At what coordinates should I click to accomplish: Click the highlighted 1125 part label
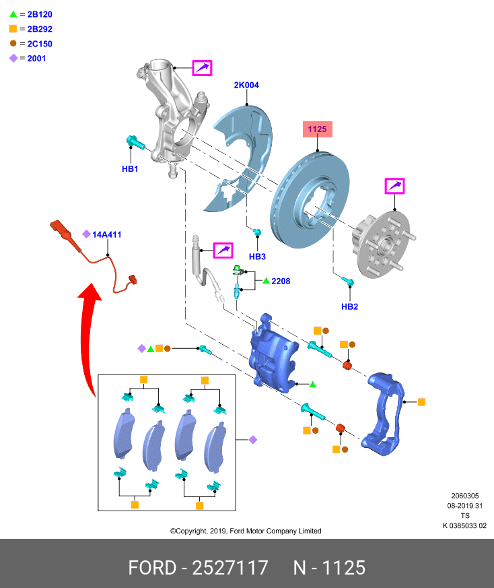317,129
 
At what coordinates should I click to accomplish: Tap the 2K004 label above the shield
246,86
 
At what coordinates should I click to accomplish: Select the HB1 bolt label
130,169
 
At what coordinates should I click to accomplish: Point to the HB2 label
349,306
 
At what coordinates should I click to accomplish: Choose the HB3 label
257,257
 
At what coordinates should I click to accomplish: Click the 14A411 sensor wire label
106,234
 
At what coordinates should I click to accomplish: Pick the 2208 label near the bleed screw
281,281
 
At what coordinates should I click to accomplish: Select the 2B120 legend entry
39,14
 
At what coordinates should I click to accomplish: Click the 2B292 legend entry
39,29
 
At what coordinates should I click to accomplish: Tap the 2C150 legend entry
39,44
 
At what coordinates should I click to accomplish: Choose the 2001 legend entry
36,59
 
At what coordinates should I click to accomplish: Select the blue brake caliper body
272,350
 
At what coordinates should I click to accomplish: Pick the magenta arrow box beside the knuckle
202,68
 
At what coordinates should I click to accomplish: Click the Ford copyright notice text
245,531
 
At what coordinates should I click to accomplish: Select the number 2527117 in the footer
231,567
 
